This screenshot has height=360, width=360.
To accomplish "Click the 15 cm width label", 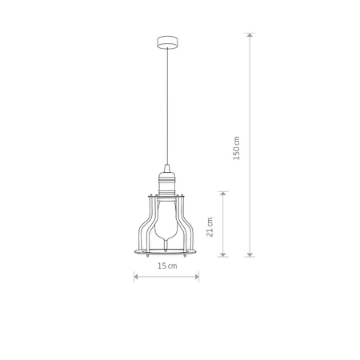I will [x=166, y=266].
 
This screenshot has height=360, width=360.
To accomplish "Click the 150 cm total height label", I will [x=236, y=146].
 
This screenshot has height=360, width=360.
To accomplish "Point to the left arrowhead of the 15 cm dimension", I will [x=136, y=277].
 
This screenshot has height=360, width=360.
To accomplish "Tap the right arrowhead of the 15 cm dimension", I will [x=197, y=277].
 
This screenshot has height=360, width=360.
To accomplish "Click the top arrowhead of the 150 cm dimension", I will [x=250, y=36].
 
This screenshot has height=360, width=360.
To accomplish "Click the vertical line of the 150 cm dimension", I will [x=250, y=96].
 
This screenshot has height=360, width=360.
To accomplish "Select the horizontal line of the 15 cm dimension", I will [x=166, y=277].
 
